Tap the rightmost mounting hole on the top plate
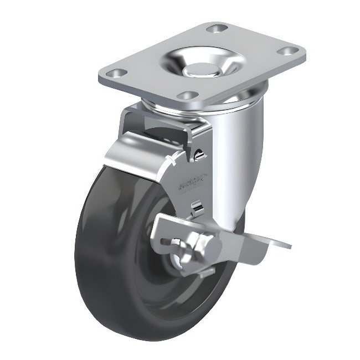coord(287,52)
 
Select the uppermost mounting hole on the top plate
coord(217,28)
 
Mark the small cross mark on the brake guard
coord(173,162)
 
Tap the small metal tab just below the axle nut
coord(206,271)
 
